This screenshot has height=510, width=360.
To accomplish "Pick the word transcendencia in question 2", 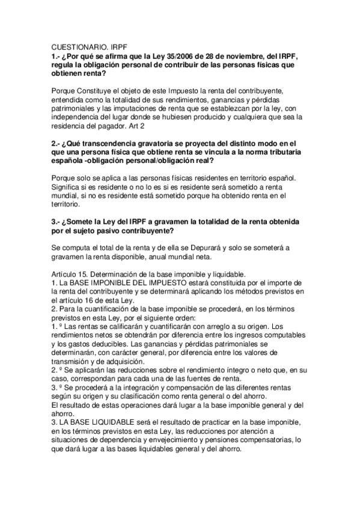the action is [x=114, y=144].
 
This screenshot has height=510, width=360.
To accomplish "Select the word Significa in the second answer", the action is [x=68, y=188].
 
